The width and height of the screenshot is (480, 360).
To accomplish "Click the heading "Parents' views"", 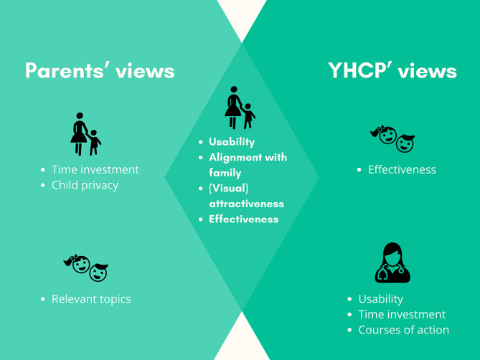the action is coord(100,71).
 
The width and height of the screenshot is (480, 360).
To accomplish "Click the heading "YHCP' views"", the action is coord(392,71).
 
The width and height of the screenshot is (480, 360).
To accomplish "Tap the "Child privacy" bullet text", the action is coord(85,185).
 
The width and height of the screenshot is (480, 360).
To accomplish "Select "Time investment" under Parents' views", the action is coord(95,169).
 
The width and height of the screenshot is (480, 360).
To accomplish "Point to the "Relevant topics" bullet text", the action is coord(91,299).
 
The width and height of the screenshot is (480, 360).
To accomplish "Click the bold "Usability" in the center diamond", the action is coord(232,142).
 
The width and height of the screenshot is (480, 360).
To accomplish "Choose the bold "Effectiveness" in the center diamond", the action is coord(244,219).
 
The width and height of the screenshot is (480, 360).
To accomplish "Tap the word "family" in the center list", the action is coord(225,173).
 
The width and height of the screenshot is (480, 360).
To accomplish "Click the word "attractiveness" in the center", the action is coord(246,204).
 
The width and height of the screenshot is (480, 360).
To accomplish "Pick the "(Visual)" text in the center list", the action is coord(229,189).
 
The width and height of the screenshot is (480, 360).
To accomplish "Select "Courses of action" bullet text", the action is coord(404,330).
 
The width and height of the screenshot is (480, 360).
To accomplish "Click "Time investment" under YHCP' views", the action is coord(402,314).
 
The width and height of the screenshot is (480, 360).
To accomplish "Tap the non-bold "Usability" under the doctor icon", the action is coord(381,299).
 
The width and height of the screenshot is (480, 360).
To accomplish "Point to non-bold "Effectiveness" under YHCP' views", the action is coord(402,169).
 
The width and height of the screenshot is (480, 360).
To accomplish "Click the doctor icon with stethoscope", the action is coord(392,263).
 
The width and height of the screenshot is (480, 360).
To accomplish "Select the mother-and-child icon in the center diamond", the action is coord(240,108).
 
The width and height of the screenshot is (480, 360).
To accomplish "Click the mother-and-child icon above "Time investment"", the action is coord(85,134).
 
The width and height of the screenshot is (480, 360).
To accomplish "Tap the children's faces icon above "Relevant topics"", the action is coord(85,268).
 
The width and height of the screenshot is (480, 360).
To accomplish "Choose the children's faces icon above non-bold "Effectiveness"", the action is coord(392,138).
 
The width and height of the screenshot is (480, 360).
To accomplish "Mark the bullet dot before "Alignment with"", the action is coord(201,158).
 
